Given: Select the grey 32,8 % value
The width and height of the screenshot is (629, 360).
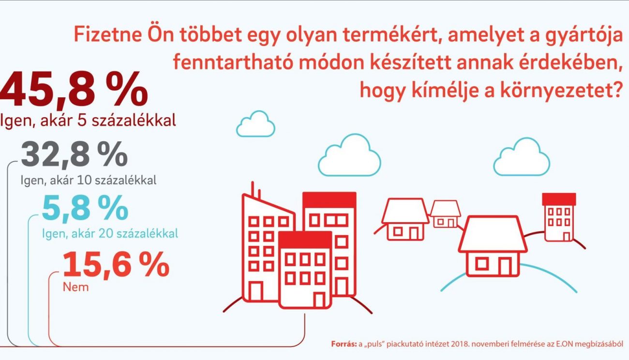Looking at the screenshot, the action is (x=74, y=155).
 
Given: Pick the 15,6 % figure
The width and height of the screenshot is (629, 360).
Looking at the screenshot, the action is (x=116, y=265).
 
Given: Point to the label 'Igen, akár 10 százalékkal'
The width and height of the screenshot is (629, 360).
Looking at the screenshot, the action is (x=89, y=180).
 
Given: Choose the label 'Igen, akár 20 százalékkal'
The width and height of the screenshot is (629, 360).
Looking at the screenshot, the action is (x=110, y=233).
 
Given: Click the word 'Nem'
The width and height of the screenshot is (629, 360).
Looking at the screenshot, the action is (x=76, y=287).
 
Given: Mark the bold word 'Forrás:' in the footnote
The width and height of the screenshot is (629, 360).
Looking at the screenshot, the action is (x=344, y=344).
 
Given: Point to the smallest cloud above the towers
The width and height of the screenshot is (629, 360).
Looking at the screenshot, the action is (x=255, y=124).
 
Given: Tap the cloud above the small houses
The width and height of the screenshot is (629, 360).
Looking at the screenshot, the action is (x=522, y=157).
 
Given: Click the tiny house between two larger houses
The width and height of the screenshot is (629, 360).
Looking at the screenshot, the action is (x=445, y=214).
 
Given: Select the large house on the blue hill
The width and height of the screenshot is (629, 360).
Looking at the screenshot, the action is (x=493, y=246).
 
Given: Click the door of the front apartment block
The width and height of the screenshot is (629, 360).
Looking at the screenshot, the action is (x=319, y=300).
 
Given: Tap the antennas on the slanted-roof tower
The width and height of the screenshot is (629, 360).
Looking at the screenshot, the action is (x=256, y=191).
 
